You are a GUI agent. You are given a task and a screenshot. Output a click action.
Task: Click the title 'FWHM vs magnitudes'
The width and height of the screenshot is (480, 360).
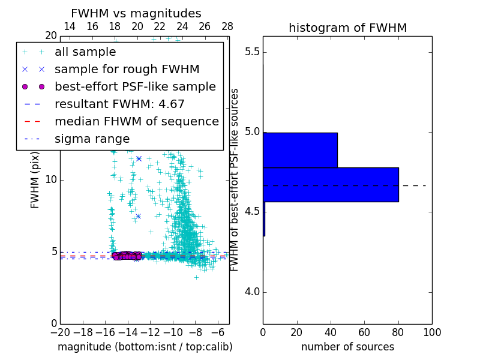(136, 14)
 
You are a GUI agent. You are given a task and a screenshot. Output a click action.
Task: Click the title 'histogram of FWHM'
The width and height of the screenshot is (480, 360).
(347, 28)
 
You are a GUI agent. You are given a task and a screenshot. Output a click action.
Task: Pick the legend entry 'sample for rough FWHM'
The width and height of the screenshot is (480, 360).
(127, 70)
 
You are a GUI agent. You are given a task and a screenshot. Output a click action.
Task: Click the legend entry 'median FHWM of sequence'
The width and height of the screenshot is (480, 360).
(136, 122)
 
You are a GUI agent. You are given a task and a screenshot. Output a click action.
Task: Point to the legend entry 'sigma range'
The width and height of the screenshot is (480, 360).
(92, 139)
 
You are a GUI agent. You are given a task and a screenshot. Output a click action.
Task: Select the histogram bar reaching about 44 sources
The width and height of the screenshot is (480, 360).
(300, 150)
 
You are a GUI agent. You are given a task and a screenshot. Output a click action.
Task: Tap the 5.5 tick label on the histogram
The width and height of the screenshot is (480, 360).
(251, 52)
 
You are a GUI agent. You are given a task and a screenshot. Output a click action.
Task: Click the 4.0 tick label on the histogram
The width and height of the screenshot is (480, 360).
(251, 292)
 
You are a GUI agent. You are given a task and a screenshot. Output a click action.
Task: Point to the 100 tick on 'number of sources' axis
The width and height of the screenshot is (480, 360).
(431, 332)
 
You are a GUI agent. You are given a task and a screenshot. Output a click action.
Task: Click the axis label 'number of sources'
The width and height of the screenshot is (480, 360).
(347, 347)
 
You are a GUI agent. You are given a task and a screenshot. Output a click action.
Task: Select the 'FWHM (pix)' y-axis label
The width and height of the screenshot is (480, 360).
(35, 180)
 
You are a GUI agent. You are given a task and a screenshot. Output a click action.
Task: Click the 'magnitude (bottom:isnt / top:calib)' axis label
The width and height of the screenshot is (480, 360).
(145, 347)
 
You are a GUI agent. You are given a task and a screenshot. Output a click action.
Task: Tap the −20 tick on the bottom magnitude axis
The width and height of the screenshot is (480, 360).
(60, 332)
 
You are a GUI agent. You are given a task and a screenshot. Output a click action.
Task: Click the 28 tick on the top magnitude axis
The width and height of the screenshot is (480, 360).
(227, 26)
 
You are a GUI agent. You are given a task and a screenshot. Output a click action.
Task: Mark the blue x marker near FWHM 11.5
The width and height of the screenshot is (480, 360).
(139, 158)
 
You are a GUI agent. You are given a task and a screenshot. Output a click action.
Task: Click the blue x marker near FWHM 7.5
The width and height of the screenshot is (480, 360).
(138, 216)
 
